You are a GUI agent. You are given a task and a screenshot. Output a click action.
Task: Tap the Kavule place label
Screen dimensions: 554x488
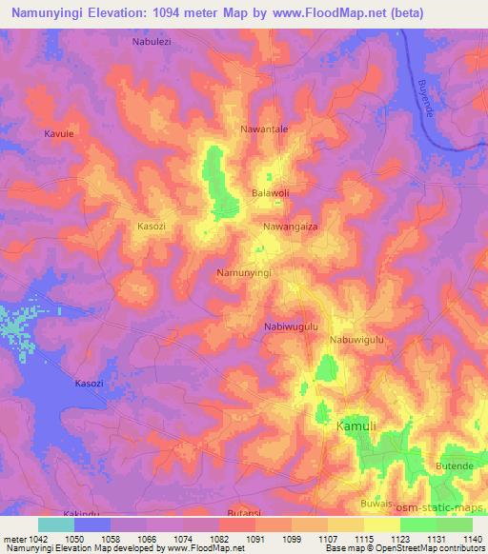[58, 134]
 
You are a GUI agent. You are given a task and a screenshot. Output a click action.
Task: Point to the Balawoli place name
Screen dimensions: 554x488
[270, 192]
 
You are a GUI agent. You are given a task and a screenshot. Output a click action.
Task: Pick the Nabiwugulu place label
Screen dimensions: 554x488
[290, 326]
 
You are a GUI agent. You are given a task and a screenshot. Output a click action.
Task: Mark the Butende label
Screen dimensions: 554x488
[454, 465]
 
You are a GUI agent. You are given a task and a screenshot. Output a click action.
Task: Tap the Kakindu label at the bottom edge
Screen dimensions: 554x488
[81, 512]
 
